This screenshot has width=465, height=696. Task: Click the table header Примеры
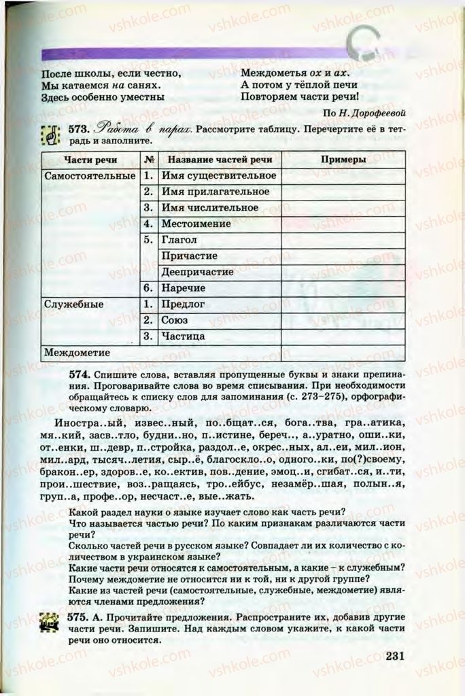click(x=343, y=159)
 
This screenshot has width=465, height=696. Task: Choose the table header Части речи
click(x=90, y=159)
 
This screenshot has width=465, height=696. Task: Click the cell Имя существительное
click(x=218, y=175)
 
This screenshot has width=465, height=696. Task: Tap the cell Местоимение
click(x=196, y=224)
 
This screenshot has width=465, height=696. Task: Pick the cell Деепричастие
click(x=197, y=272)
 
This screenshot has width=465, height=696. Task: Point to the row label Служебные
click(x=73, y=304)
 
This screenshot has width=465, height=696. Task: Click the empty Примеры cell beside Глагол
click(x=343, y=240)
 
